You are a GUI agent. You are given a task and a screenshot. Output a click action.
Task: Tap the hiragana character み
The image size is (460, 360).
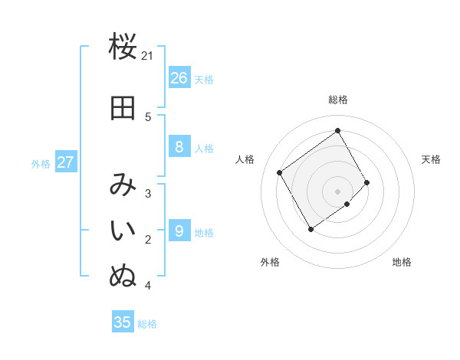[123, 185]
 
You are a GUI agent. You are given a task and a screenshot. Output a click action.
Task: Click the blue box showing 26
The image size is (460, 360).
[179, 78]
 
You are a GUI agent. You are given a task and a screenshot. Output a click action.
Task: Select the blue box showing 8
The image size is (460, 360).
[179, 147]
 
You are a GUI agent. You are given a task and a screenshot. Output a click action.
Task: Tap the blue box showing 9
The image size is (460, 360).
[179, 230]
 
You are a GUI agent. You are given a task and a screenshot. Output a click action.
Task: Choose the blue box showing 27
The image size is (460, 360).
[65, 162]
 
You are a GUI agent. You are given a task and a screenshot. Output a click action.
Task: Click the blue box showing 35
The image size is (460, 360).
[123, 322]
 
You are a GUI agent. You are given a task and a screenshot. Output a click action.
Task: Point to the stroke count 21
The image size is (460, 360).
[148, 55]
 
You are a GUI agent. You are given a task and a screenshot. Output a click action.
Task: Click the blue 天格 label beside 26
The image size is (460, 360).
[204, 79]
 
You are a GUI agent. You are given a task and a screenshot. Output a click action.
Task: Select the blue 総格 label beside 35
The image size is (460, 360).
[147, 324]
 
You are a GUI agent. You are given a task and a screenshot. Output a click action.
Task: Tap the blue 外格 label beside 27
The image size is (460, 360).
[41, 163]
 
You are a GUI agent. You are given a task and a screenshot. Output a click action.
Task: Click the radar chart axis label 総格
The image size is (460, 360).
[338, 100]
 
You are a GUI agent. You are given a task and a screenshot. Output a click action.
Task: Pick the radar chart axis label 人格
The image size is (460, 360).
[245, 159]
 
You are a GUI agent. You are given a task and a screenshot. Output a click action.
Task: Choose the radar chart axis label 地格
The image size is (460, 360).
[402, 262]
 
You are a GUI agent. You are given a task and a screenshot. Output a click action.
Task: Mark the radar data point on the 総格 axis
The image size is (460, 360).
[337, 131]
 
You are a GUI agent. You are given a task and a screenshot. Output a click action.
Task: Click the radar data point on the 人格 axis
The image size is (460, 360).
[280, 172]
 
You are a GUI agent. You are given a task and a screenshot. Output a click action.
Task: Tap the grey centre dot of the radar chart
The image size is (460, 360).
[337, 191]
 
